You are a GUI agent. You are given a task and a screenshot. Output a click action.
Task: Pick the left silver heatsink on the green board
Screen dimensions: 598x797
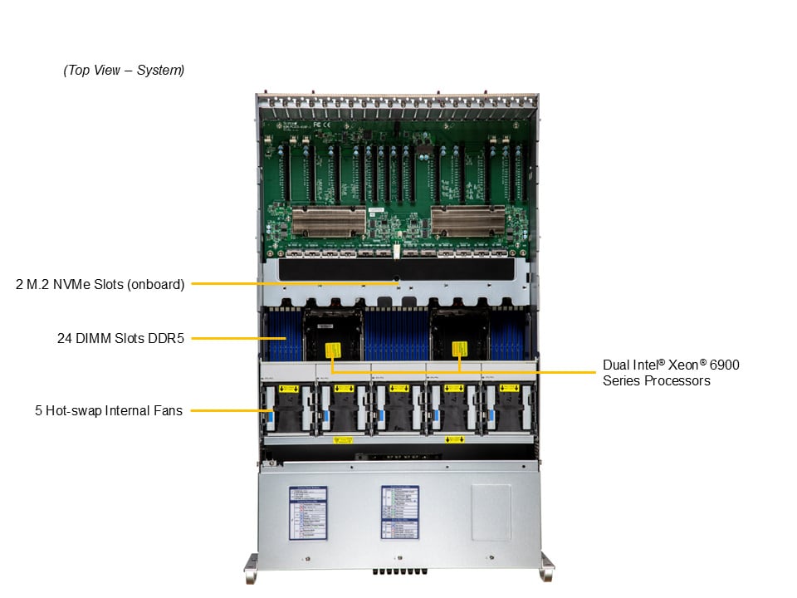328,221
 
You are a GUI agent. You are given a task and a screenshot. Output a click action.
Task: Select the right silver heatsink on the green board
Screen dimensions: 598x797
467,221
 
